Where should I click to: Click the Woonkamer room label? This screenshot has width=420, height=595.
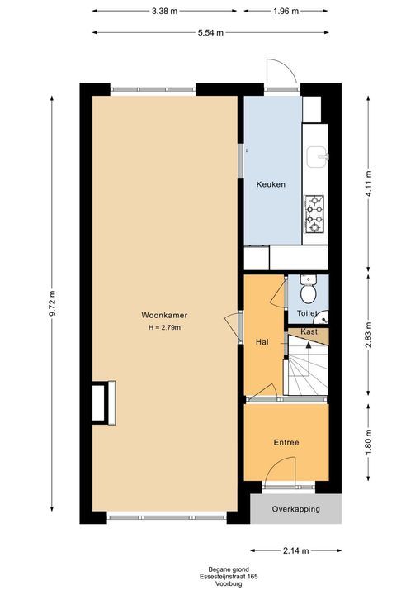[164, 315]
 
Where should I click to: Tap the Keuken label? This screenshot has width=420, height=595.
[271, 184]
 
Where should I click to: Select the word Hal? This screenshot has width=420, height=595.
[262, 342]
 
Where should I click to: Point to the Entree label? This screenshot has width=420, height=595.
[286, 442]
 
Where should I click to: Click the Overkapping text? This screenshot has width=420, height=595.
[296, 509]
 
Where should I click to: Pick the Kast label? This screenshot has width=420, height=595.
[309, 331]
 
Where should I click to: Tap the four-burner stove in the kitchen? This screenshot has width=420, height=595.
[314, 214]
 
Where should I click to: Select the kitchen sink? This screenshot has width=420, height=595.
[318, 157]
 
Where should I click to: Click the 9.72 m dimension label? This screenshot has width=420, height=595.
[52, 302]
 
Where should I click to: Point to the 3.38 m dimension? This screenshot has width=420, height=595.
[164, 11]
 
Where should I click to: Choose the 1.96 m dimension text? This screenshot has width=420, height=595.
[286, 11]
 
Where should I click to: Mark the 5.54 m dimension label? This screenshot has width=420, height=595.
[210, 32]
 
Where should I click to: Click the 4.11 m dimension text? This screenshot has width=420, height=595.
[369, 183]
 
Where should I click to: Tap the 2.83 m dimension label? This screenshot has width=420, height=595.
[369, 335]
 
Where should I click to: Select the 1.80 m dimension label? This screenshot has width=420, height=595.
[369, 441]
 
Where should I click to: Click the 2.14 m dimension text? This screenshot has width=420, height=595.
[295, 550]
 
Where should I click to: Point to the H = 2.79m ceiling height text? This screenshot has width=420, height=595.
[164, 327]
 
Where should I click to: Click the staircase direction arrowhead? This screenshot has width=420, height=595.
[309, 345]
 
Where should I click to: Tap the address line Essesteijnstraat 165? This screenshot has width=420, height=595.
[229, 577]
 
